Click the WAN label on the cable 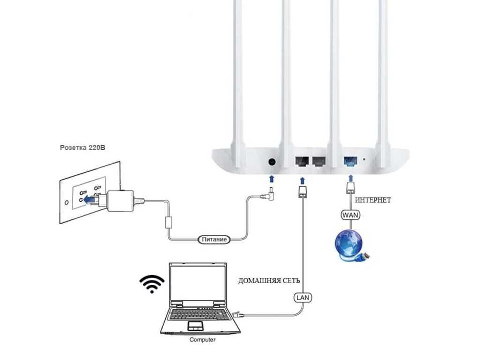351,215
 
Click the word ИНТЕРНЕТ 373,200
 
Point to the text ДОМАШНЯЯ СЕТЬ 269,281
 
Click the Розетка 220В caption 83,147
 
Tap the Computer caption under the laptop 202,339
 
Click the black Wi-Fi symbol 152,284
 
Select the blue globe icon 348,244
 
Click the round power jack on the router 271,162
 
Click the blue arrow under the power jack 271,179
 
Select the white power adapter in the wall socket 120,200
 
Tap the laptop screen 196,284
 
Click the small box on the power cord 169,222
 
